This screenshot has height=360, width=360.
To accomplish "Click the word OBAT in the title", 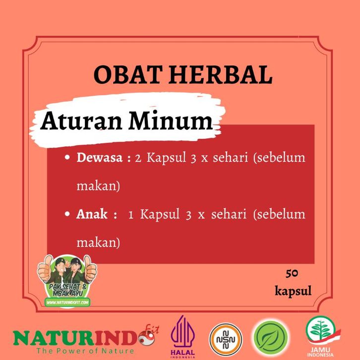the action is click(x=127, y=74).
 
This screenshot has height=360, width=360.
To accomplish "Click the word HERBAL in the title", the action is click(x=220, y=74).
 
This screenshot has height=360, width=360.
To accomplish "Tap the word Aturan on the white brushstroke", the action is click(x=81, y=120).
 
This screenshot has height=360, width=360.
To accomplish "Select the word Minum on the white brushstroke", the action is click(x=171, y=120).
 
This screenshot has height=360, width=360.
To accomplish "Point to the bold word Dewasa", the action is click(x=100, y=158).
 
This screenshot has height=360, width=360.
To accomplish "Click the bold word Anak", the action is click(x=92, y=214).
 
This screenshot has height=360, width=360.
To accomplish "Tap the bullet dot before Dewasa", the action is click(x=67, y=157).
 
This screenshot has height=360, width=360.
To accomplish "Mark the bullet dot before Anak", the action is click(x=67, y=214).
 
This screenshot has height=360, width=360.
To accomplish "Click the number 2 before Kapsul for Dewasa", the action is click(x=138, y=158).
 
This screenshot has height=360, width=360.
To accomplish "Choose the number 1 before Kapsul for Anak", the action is click(x=131, y=215).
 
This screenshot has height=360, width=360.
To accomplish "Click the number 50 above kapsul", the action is click(x=292, y=273).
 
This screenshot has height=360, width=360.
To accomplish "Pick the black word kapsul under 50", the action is click(x=293, y=291).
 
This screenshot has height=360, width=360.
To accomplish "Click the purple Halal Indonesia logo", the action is click(x=183, y=337).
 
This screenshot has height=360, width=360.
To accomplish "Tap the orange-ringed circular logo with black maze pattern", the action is click(x=226, y=340).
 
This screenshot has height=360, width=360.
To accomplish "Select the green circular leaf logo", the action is click(x=271, y=338).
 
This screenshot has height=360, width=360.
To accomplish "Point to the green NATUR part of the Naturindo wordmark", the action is click(x=54, y=338).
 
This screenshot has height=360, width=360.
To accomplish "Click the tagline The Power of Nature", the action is click(x=85, y=351).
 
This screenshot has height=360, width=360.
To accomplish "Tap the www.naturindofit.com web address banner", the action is click(x=67, y=302).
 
